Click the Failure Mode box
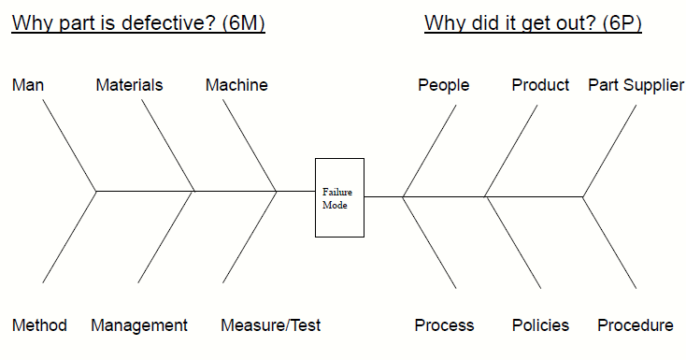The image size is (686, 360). click(x=339, y=197)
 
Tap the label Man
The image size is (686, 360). click(x=28, y=85)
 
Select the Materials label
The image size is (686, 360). click(x=129, y=85)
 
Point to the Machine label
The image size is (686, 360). click(x=236, y=85)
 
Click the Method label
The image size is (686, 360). click(x=39, y=325)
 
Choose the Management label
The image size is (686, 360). click(x=139, y=325)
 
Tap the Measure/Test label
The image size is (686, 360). click(x=271, y=325)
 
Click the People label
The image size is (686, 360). click(x=444, y=85)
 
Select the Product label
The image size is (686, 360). click(x=540, y=85)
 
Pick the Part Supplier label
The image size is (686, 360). click(x=636, y=85)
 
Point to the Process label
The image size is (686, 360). click(x=444, y=325)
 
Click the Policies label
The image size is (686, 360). click(x=540, y=325)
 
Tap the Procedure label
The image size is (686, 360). click(x=636, y=325)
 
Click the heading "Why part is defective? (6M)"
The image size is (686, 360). click(x=139, y=23)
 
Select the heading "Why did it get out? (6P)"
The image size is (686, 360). click(x=533, y=23)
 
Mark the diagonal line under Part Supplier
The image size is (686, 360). click(x=609, y=151)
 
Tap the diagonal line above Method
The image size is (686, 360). click(x=69, y=237)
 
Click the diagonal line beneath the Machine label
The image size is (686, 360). click(x=250, y=146)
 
